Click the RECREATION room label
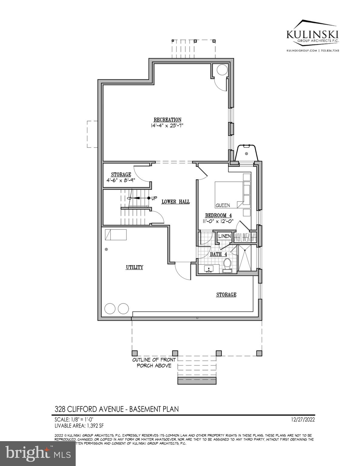167,120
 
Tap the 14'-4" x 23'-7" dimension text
167,125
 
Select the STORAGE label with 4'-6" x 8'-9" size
121,175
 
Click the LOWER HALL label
176,202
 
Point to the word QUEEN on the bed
223,205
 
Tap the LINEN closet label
224,236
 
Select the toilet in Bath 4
227,264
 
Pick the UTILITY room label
134,267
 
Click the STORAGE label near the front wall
226,295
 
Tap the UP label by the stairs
154,198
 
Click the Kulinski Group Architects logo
313,35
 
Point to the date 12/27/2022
302,420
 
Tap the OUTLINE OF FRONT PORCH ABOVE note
154,363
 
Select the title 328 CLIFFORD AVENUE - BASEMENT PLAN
116,409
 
